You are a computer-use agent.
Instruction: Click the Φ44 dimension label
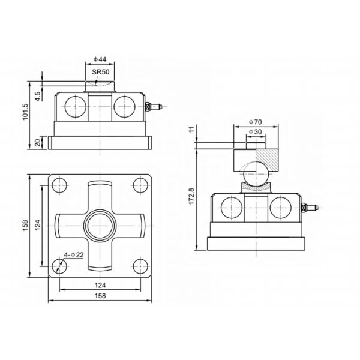click(x=101, y=60)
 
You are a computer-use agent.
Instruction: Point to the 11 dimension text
click(x=191, y=129)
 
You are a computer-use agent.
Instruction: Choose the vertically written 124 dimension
click(x=37, y=225)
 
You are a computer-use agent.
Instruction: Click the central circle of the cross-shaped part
click(x=100, y=224)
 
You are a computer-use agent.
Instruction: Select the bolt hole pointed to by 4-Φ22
click(x=59, y=265)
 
